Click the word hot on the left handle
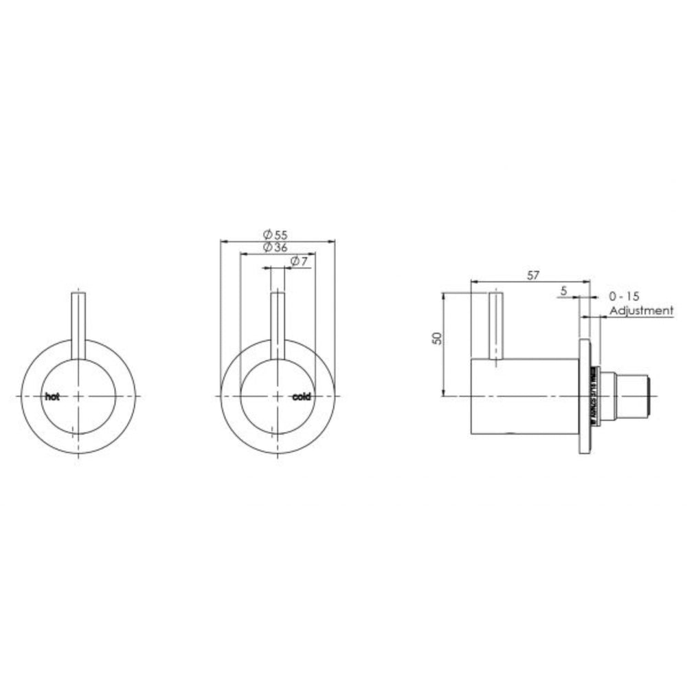[52, 396]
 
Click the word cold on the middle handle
[302, 396]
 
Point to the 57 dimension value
[532, 275]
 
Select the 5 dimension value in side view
[564, 291]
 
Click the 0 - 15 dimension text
[624, 296]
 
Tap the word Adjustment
[642, 311]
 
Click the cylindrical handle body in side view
[526, 396]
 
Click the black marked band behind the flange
[592, 396]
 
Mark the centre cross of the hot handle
[79, 396]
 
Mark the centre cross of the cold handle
[278, 396]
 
